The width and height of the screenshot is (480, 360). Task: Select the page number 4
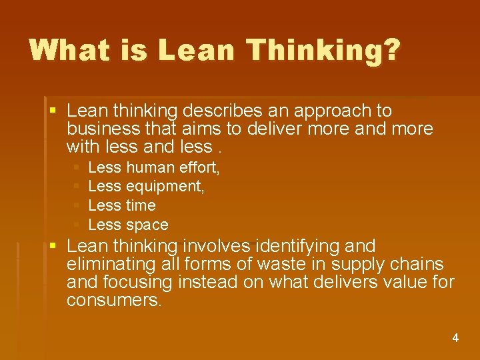455,338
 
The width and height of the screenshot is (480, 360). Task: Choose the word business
99,129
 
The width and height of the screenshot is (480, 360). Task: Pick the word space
147,225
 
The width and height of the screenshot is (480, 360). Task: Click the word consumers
114,301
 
